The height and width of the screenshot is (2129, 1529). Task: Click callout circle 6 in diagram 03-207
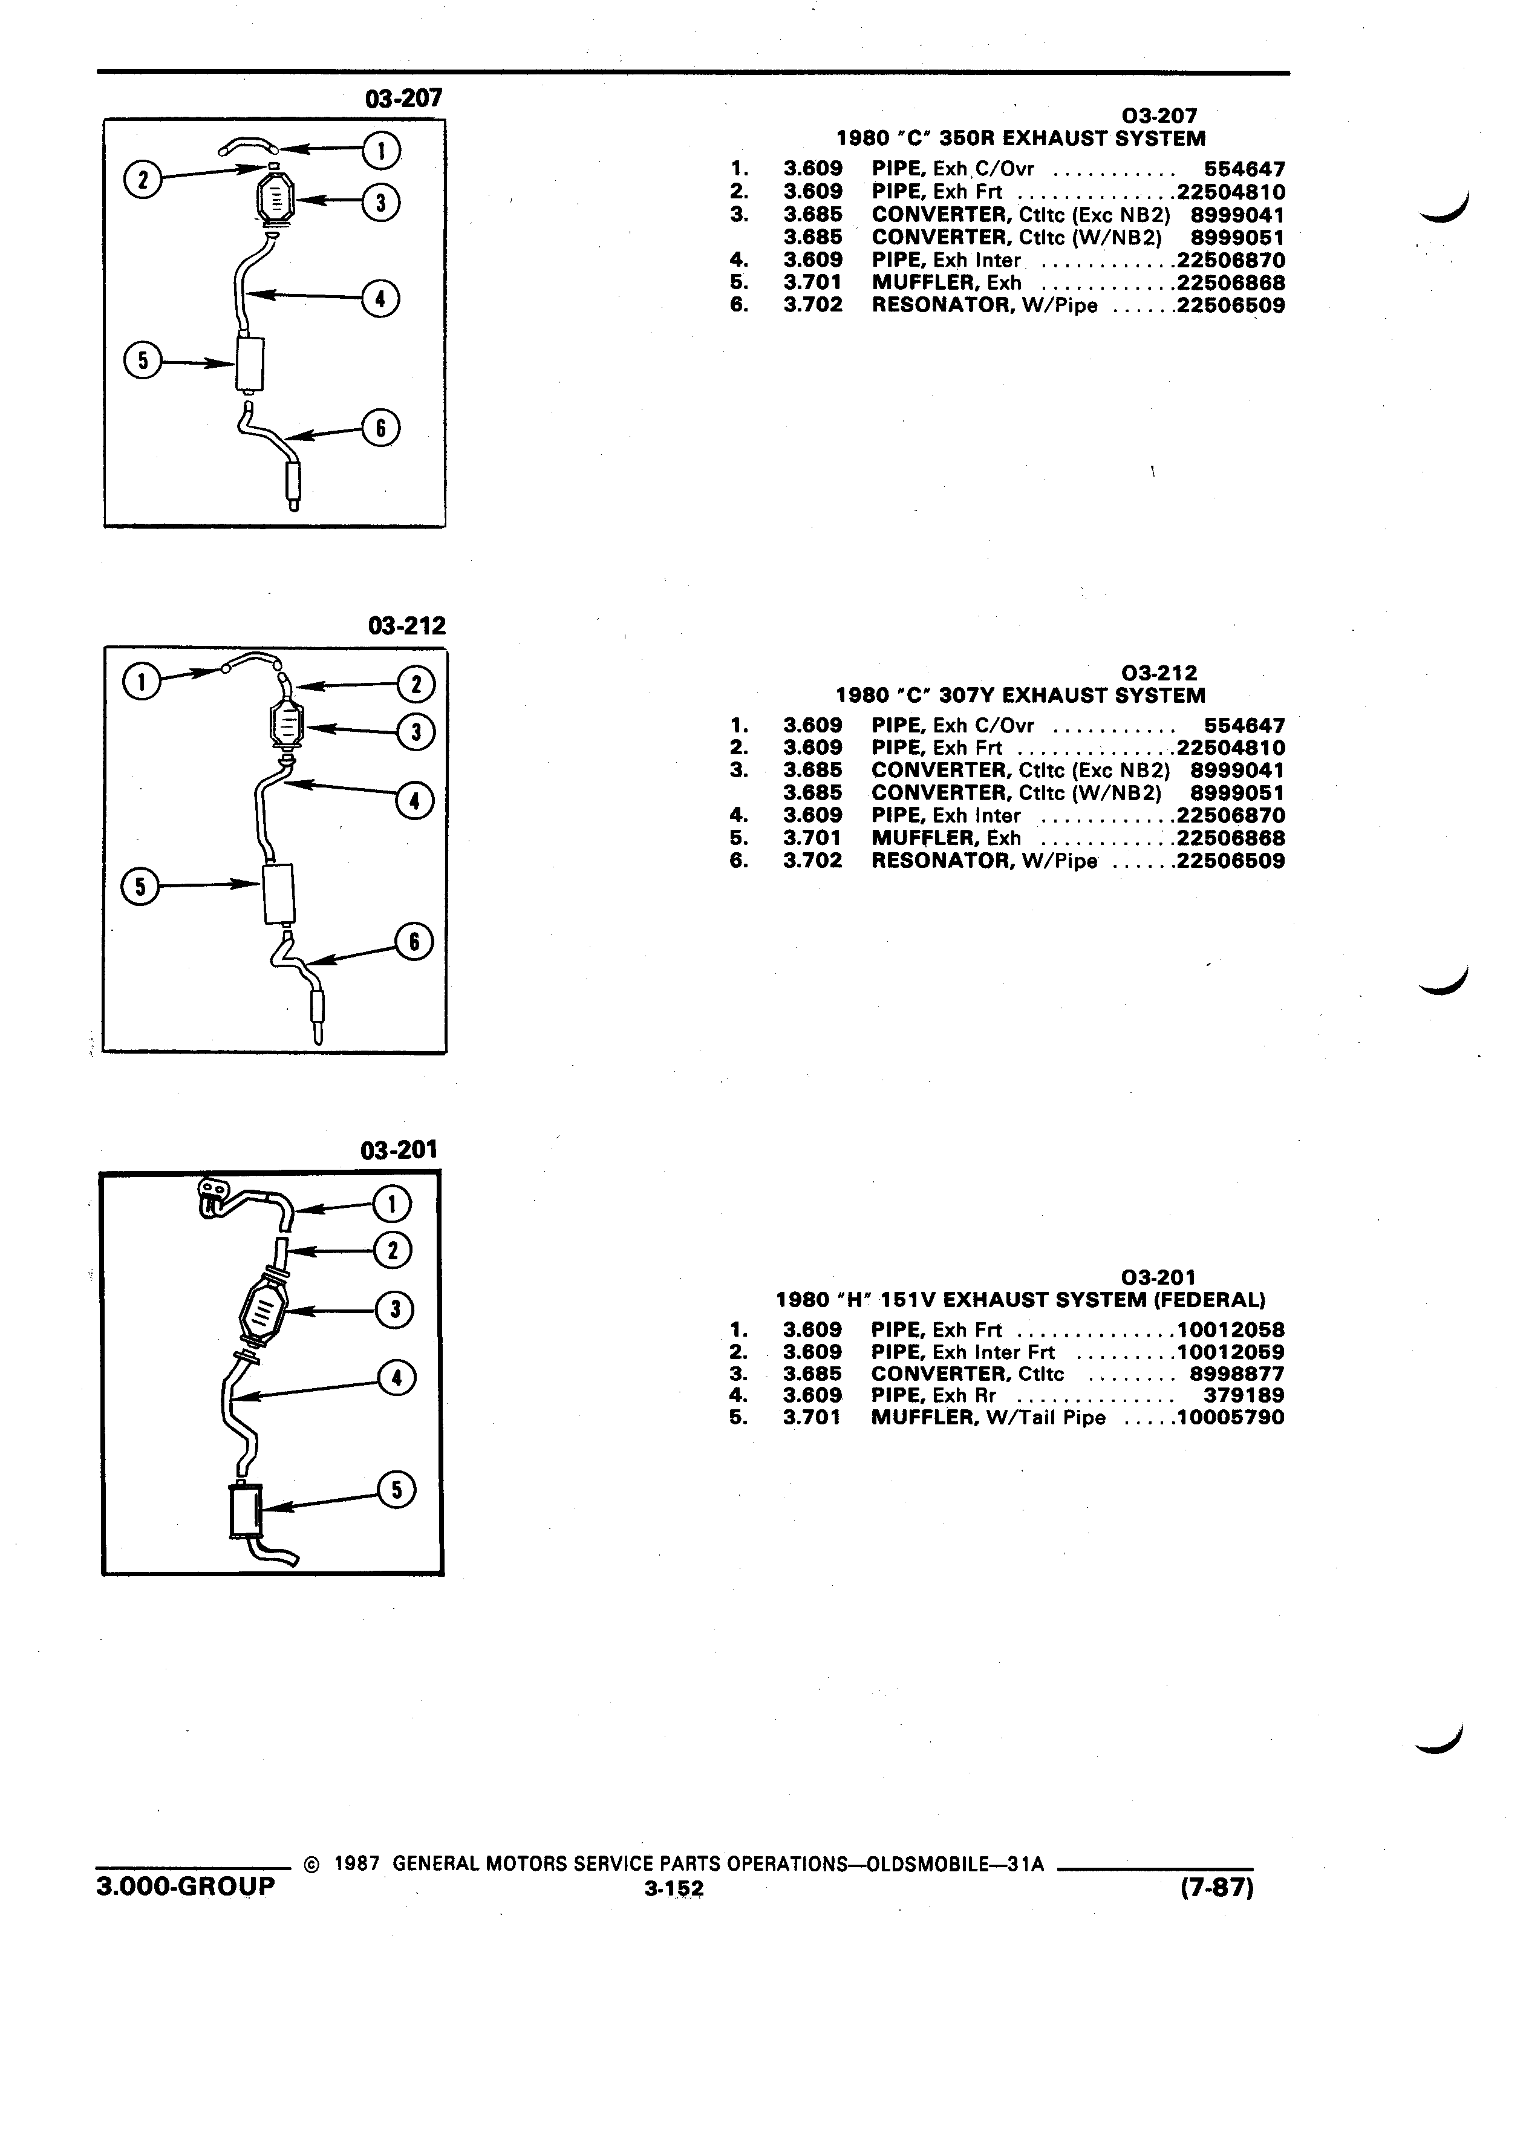coord(381,428)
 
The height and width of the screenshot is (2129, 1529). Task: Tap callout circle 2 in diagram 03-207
coord(143,178)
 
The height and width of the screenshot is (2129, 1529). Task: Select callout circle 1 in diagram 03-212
coord(141,682)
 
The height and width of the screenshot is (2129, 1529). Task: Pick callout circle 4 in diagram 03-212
coord(414,801)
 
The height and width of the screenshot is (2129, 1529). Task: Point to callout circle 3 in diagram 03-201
coord(394,1309)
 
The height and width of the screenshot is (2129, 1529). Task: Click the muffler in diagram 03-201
coord(247,1511)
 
